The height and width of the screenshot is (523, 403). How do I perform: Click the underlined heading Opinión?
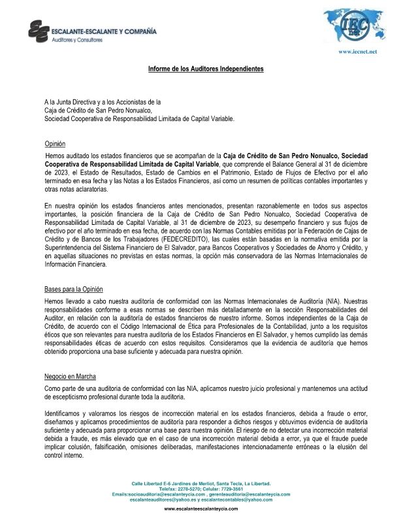55,143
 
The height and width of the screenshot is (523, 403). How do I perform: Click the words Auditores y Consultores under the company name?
78,40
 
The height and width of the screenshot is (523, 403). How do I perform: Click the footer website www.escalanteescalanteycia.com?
201,509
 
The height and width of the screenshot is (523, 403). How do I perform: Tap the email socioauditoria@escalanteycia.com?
163,494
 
